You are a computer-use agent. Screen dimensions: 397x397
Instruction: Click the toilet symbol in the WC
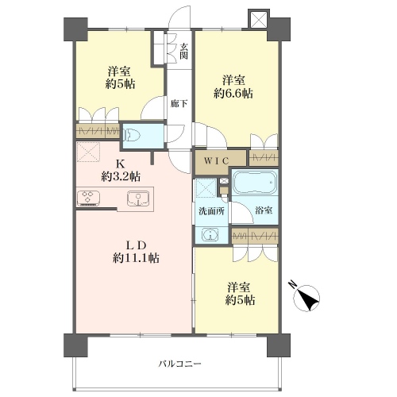(x=133, y=136)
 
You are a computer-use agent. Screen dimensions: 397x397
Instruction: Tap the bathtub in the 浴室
(x=255, y=183)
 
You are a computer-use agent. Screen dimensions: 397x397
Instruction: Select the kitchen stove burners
(x=88, y=198)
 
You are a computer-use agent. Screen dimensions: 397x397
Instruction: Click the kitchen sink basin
(x=138, y=198)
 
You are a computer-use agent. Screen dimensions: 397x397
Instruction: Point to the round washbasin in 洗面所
(x=210, y=234)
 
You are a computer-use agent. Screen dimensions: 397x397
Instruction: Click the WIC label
(x=216, y=161)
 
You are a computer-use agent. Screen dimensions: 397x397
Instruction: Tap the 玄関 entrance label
(x=183, y=52)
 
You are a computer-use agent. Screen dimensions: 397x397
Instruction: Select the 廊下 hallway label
(x=179, y=104)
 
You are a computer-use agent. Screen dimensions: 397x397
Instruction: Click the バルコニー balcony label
(x=179, y=364)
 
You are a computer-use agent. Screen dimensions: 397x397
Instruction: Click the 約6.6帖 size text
(x=233, y=94)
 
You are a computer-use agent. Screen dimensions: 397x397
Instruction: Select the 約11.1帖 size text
(x=136, y=258)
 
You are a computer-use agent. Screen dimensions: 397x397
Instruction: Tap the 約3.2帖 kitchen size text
(x=121, y=176)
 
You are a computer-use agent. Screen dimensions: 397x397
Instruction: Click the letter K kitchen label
(x=121, y=164)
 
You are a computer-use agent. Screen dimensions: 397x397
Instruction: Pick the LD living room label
(x=135, y=246)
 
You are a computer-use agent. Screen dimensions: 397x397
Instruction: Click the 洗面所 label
(x=211, y=211)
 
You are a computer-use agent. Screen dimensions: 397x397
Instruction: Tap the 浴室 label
(x=264, y=210)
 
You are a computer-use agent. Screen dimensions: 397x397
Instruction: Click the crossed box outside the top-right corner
(x=259, y=19)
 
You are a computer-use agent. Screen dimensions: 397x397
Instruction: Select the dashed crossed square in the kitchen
(x=88, y=152)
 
